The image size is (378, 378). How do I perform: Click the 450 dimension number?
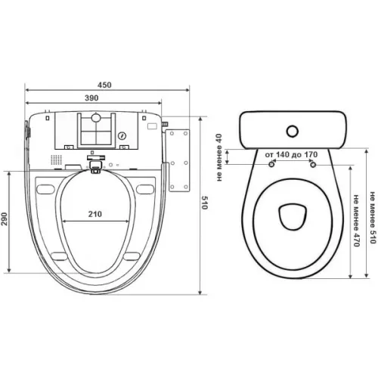104,85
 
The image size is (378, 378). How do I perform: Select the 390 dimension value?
91,98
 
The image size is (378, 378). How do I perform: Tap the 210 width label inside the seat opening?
95,214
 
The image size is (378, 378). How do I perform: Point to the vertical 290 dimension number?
5,218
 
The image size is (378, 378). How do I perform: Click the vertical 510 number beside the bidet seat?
204,203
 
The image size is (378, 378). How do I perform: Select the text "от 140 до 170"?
291,154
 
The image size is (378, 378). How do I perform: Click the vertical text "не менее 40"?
219,157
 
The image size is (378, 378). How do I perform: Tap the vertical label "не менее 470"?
356,221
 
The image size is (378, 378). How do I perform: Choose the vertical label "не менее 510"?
373,218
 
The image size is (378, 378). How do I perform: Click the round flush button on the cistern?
293,131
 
